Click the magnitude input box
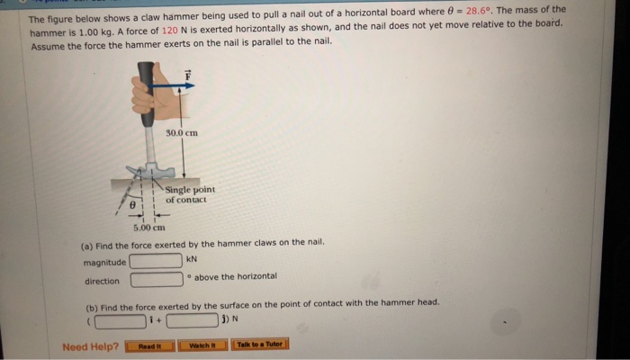point(157,261)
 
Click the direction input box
point(157,280)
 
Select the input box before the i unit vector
point(120,320)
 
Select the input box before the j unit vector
point(192,320)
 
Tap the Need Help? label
point(90,346)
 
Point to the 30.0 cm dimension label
point(182,132)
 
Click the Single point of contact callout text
point(189,194)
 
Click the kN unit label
point(191,260)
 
